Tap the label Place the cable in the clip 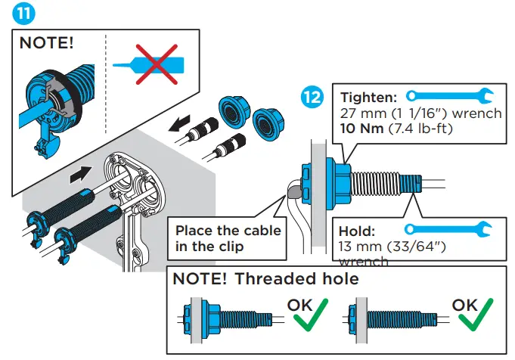pos(228,237)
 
